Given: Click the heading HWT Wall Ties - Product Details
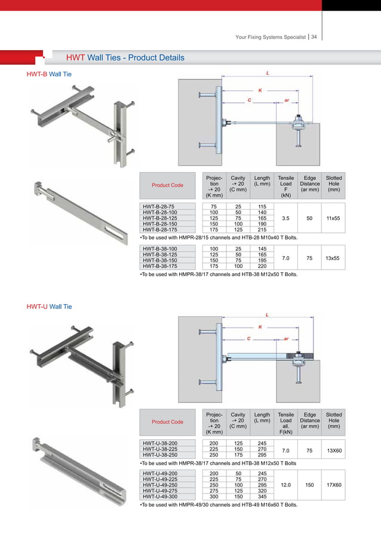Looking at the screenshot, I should click(125, 58).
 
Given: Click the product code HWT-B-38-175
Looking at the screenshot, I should click(161, 266).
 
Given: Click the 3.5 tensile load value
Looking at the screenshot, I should click(285, 218).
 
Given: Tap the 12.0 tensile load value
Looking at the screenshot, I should click(285, 485).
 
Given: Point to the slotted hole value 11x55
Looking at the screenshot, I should click(334, 218).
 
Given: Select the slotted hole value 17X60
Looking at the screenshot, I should click(334, 485).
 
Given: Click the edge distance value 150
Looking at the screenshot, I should click(309, 485).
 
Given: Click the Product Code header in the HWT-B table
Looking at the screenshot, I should click(167, 185).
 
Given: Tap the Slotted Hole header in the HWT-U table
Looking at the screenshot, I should click(334, 422).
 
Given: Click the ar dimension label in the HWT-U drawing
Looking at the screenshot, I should click(286, 339).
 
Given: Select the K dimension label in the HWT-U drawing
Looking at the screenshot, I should click(260, 326).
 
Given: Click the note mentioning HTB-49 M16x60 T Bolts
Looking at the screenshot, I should click(218, 505).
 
